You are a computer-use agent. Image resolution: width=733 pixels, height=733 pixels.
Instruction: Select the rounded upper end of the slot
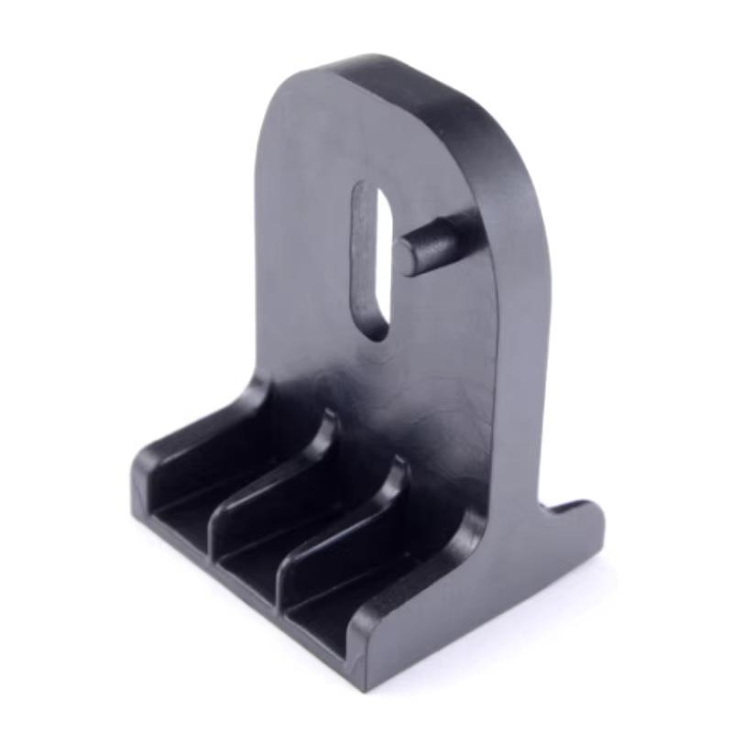click(x=368, y=194)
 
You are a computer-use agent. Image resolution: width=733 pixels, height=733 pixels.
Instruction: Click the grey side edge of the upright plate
click(x=522, y=366)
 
